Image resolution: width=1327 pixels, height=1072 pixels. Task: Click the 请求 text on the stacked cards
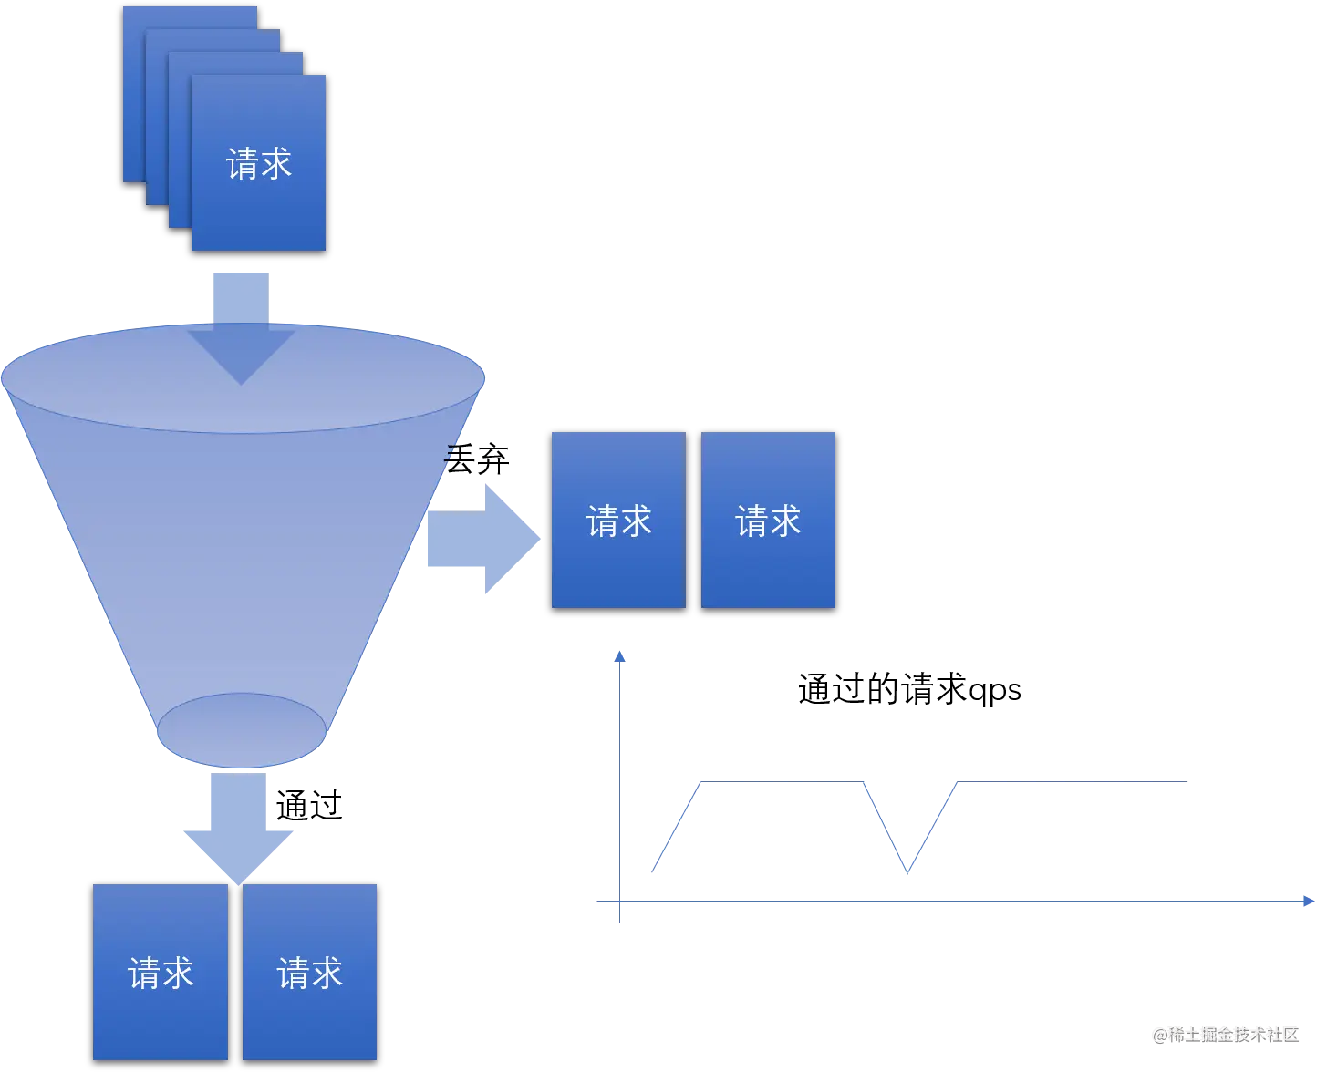click(x=258, y=163)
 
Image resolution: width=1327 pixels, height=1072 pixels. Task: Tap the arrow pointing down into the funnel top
click(x=241, y=328)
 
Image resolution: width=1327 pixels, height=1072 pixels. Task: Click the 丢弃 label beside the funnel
click(x=477, y=459)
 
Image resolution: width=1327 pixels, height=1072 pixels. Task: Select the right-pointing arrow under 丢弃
click(x=483, y=539)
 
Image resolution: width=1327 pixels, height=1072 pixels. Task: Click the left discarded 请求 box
click(x=618, y=520)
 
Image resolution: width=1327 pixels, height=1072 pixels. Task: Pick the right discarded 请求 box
click(x=768, y=520)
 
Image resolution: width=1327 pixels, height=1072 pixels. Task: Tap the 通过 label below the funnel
click(x=309, y=805)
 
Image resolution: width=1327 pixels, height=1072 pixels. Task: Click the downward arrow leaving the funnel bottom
click(x=238, y=829)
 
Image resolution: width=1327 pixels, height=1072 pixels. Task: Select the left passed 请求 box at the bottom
click(x=161, y=972)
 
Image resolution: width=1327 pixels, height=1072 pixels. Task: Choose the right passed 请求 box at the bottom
click(x=310, y=972)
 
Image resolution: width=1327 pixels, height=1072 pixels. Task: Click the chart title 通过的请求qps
click(x=909, y=689)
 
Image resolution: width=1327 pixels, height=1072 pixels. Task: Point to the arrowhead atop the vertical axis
click(x=619, y=656)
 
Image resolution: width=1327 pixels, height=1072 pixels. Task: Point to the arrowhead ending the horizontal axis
click(x=1309, y=901)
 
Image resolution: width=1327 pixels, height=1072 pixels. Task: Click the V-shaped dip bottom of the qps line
click(x=907, y=872)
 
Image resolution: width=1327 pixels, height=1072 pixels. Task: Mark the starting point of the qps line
click(x=652, y=871)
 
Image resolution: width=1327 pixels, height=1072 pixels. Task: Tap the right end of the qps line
click(x=1187, y=781)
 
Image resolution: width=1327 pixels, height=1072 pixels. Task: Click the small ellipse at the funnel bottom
click(x=241, y=730)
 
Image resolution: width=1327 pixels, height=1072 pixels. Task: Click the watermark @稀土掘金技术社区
click(x=1226, y=1035)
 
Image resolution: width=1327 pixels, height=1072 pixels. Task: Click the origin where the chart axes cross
click(x=619, y=901)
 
